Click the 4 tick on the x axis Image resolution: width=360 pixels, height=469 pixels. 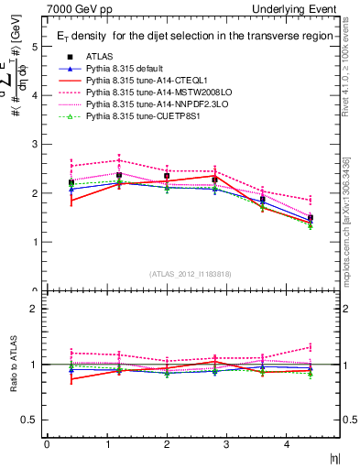(287, 444)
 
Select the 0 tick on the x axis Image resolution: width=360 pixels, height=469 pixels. (47, 444)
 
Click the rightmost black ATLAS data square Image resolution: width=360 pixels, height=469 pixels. (311, 218)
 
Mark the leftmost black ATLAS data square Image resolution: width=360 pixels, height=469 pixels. (71, 182)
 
